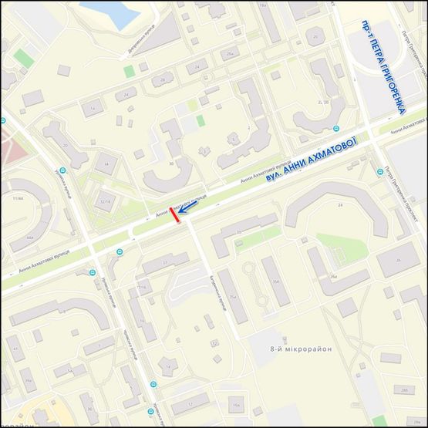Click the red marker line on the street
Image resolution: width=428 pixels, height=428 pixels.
tap(177, 216)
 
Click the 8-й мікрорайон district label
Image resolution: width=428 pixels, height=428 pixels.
tap(300, 349)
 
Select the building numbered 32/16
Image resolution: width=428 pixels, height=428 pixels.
tap(106, 202)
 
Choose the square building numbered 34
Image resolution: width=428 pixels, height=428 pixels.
tap(106, 163)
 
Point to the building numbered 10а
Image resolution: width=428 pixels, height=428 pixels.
tap(239, 403)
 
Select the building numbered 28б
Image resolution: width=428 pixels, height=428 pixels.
tap(403, 390)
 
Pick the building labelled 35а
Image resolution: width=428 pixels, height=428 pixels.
tap(275, 281)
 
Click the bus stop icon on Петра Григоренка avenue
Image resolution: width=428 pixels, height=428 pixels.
tap(380, 171)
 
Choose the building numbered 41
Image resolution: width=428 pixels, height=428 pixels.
tap(15, 349)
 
